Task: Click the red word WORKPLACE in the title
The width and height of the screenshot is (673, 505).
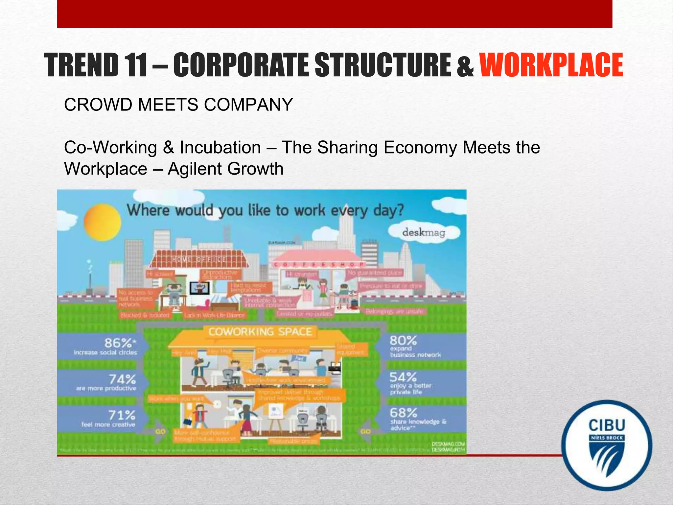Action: pos(551,65)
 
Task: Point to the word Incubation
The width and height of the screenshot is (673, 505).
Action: pos(220,147)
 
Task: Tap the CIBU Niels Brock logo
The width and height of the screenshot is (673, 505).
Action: pos(607,445)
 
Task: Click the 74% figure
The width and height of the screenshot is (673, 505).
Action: pos(122,379)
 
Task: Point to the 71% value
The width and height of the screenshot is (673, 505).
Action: pos(122,415)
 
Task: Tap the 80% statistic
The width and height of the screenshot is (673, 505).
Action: pos(403,340)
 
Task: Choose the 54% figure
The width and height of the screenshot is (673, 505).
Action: pos(403,377)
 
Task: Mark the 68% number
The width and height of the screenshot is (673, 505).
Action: pos(403,413)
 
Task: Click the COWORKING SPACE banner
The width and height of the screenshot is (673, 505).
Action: pos(260,332)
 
